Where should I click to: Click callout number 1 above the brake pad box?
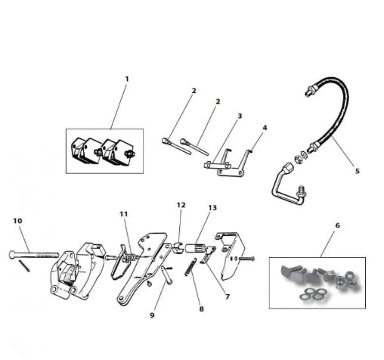tap(127, 79)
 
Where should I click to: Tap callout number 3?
tap(240, 116)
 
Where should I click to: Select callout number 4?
tap(265, 128)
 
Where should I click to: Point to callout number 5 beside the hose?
tap(358, 171)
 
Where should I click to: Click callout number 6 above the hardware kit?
tap(338, 225)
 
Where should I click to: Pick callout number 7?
tap(228, 296)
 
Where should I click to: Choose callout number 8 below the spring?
tap(202, 309)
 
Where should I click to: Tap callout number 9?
tap(152, 315)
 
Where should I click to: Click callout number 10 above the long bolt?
tap(17, 221)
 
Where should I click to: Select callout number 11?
tap(124, 214)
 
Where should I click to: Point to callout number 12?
tap(181, 205)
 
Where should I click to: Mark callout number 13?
tap(212, 208)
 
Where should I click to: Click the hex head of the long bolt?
tap(12, 255)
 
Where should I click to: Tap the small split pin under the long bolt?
tap(25, 266)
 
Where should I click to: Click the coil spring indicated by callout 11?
tap(131, 258)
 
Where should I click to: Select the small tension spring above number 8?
tap(190, 267)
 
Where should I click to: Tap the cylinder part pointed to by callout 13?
tap(196, 248)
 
